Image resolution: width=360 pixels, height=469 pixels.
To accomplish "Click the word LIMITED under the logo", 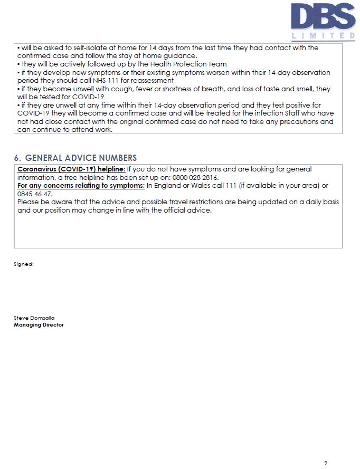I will pos(323,36).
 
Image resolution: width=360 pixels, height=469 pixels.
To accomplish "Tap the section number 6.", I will pos(17,158).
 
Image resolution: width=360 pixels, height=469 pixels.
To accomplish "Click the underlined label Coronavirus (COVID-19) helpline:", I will pos(71,169).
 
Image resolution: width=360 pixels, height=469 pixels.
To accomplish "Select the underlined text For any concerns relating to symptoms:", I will pos(81,186).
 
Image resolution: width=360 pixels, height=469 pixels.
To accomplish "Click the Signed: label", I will pos(24,264).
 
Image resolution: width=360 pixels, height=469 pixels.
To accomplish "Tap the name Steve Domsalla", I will pos(34,318).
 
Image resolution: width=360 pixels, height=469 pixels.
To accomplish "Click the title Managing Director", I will pos(39,325).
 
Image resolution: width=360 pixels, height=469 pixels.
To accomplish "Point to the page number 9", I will pos(326,463).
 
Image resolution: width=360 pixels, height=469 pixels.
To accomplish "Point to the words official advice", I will pos(188,210).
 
